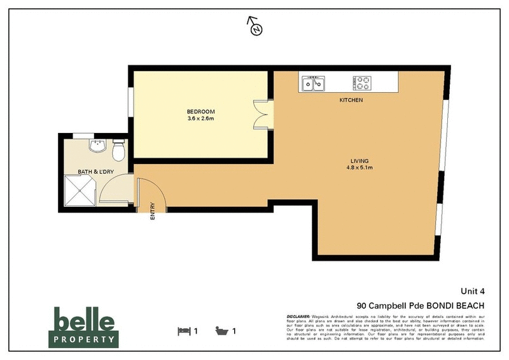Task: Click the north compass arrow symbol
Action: pyautogui.click(x=255, y=27)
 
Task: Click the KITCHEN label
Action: pyautogui.click(x=351, y=100)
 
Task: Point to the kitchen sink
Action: pyautogui.click(x=313, y=83)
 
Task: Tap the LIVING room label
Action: pyautogui.click(x=359, y=160)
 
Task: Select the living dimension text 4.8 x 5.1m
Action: pyautogui.click(x=359, y=168)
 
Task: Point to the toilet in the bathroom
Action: pyautogui.click(x=117, y=151)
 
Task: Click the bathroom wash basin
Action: pyautogui.click(x=97, y=148)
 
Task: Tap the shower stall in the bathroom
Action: pyautogui.click(x=78, y=191)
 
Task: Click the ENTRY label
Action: pyautogui.click(x=153, y=211)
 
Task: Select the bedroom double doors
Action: pyautogui.click(x=261, y=115)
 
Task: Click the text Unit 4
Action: pyautogui.click(x=472, y=291)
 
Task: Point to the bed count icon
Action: pyautogui.click(x=184, y=331)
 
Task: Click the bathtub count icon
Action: pyautogui.click(x=222, y=331)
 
